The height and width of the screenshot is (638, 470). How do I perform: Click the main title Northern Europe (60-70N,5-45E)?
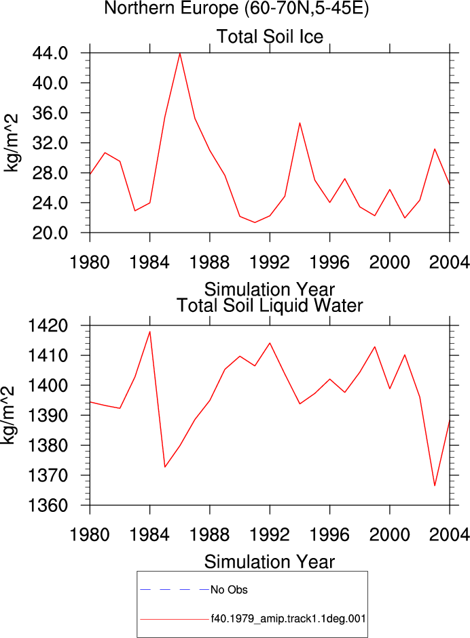[236, 8]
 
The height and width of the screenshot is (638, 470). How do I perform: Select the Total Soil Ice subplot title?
[270, 37]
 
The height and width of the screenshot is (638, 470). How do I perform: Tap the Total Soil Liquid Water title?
[270, 306]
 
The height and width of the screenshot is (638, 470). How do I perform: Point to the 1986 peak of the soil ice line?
[180, 54]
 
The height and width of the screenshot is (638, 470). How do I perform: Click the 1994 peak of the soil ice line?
[300, 123]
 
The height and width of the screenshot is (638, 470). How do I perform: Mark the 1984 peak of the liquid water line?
[150, 332]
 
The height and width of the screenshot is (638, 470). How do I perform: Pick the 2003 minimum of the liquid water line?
[435, 485]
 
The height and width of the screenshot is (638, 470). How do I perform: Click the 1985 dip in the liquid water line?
[164, 466]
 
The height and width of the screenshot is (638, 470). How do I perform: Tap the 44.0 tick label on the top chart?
[50, 54]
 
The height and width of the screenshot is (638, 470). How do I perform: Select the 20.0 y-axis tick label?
[50, 233]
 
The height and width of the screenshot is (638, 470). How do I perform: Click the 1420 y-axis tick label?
[48, 325]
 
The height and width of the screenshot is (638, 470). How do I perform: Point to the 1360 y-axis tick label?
[48, 505]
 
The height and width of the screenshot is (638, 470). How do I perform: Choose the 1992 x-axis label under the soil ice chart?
[270, 262]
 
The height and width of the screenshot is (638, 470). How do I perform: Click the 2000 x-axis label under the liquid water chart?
[390, 535]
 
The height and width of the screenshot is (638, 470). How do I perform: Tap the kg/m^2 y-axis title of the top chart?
[12, 143]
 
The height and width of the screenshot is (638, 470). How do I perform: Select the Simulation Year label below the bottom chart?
[270, 562]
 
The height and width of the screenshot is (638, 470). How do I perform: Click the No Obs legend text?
[229, 590]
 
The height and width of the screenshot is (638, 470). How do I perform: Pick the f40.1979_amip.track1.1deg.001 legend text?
[288, 619]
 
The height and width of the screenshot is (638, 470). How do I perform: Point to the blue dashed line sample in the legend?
[175, 589]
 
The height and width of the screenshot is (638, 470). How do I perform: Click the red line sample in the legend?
[175, 620]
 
